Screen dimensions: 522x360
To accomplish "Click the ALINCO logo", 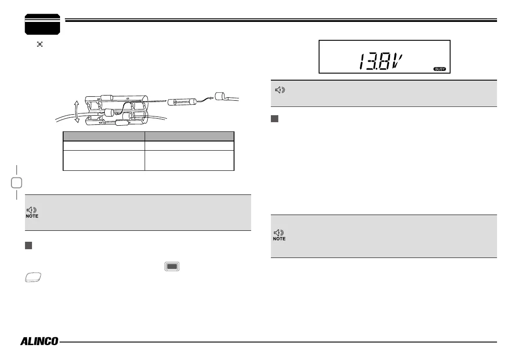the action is (x=39, y=341).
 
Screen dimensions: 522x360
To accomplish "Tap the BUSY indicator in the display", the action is (x=440, y=69).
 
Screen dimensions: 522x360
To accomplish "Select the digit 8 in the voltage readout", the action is (x=384, y=62).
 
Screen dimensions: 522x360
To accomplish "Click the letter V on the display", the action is (x=397, y=62).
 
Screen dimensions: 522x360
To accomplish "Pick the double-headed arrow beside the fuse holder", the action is (x=77, y=112).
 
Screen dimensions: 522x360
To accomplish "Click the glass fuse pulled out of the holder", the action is (x=181, y=102).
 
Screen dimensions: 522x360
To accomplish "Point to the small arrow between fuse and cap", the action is (x=205, y=99).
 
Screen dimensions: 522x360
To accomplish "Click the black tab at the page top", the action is (x=42, y=24).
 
